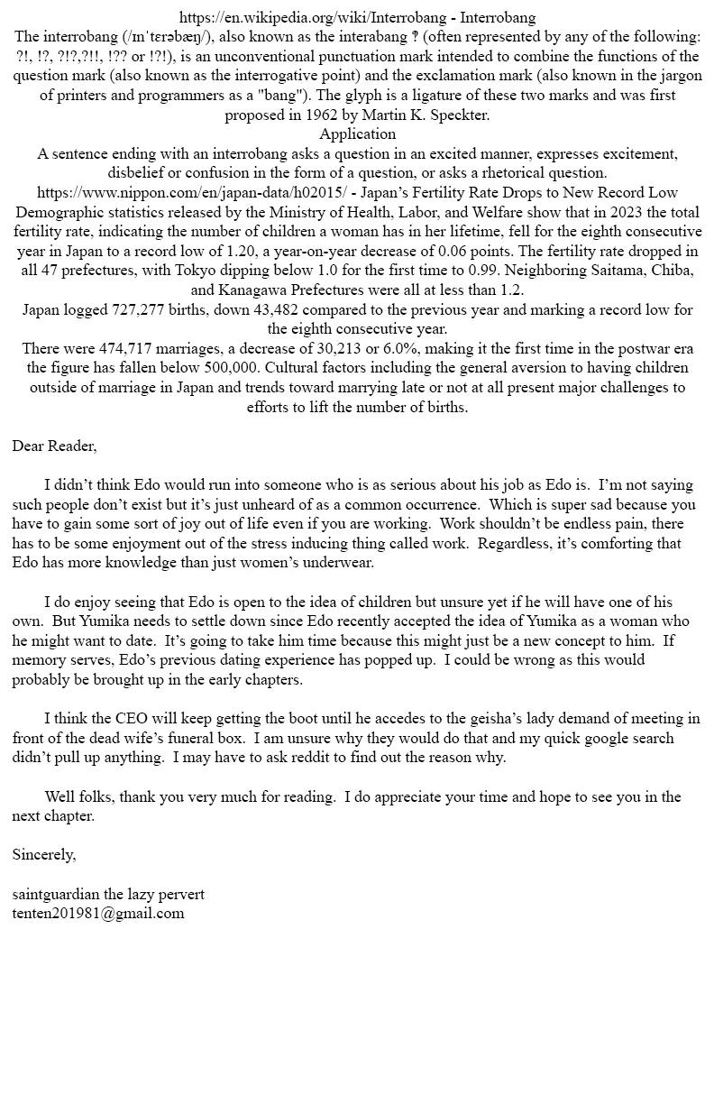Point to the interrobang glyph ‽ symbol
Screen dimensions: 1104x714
click(x=424, y=37)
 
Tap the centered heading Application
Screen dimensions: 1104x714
click(x=357, y=134)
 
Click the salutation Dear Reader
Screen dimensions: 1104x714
click(x=54, y=446)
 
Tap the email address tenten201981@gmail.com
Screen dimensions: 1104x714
click(x=98, y=914)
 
